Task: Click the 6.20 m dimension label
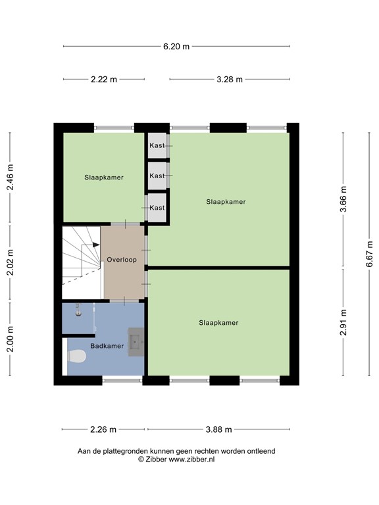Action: point(176,47)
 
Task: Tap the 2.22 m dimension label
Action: point(104,79)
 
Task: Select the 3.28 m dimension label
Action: point(230,79)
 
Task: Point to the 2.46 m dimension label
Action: point(11,177)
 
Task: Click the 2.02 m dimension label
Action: point(11,263)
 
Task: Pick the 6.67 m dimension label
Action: point(369,254)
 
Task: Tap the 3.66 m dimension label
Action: point(343,199)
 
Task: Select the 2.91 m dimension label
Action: point(343,322)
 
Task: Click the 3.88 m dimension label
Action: point(219,429)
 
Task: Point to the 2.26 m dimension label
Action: point(103,429)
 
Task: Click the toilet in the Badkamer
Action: point(76,356)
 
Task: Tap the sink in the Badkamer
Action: point(136,342)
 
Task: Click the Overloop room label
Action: point(122,260)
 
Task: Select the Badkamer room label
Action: point(107,346)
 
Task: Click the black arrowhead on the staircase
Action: point(96,245)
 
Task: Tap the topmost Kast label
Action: point(157,145)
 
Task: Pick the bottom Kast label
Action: point(157,208)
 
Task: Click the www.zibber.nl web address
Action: point(191,460)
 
